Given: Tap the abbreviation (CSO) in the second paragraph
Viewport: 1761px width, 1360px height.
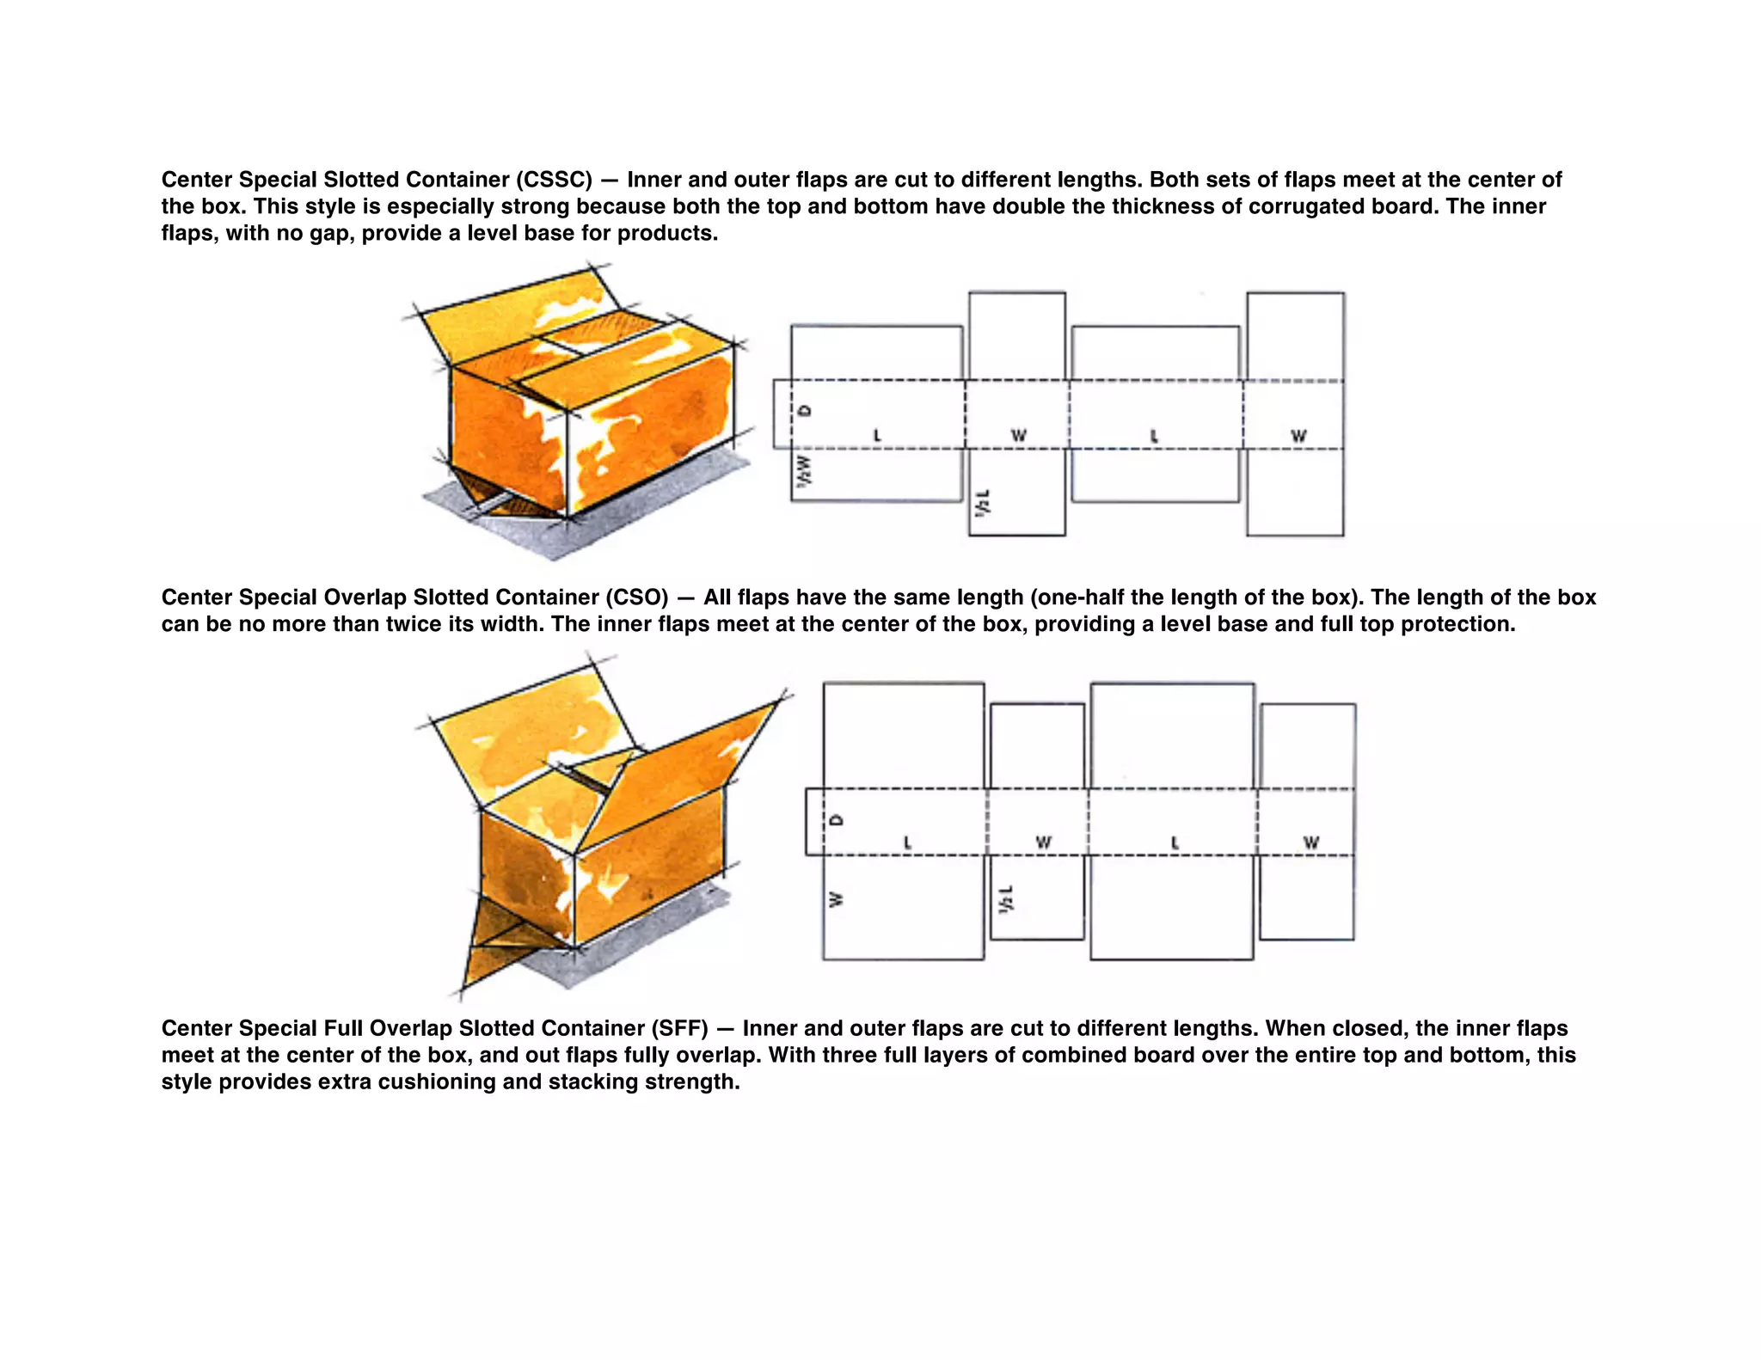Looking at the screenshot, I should tap(636, 597).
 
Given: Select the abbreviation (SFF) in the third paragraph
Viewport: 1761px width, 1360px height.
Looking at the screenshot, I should tap(679, 1028).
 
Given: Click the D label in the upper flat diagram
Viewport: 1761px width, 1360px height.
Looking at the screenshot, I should tap(806, 410).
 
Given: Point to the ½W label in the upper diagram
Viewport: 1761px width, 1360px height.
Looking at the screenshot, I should tap(803, 471).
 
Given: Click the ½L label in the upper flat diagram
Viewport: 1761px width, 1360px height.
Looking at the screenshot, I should tap(983, 502).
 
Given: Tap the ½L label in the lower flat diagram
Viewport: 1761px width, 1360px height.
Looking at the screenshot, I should tap(1007, 898).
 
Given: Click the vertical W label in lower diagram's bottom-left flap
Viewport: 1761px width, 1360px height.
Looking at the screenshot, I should tap(835, 900).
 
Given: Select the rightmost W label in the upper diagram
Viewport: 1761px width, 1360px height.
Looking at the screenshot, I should tap(1298, 437).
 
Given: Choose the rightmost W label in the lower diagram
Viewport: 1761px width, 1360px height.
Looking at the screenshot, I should tap(1310, 842).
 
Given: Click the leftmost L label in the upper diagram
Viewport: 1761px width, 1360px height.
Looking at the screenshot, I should tap(877, 436).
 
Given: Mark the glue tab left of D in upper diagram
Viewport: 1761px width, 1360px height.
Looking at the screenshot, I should tap(782, 414).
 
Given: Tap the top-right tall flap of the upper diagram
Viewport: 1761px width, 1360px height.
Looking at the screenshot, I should tap(1295, 335).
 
